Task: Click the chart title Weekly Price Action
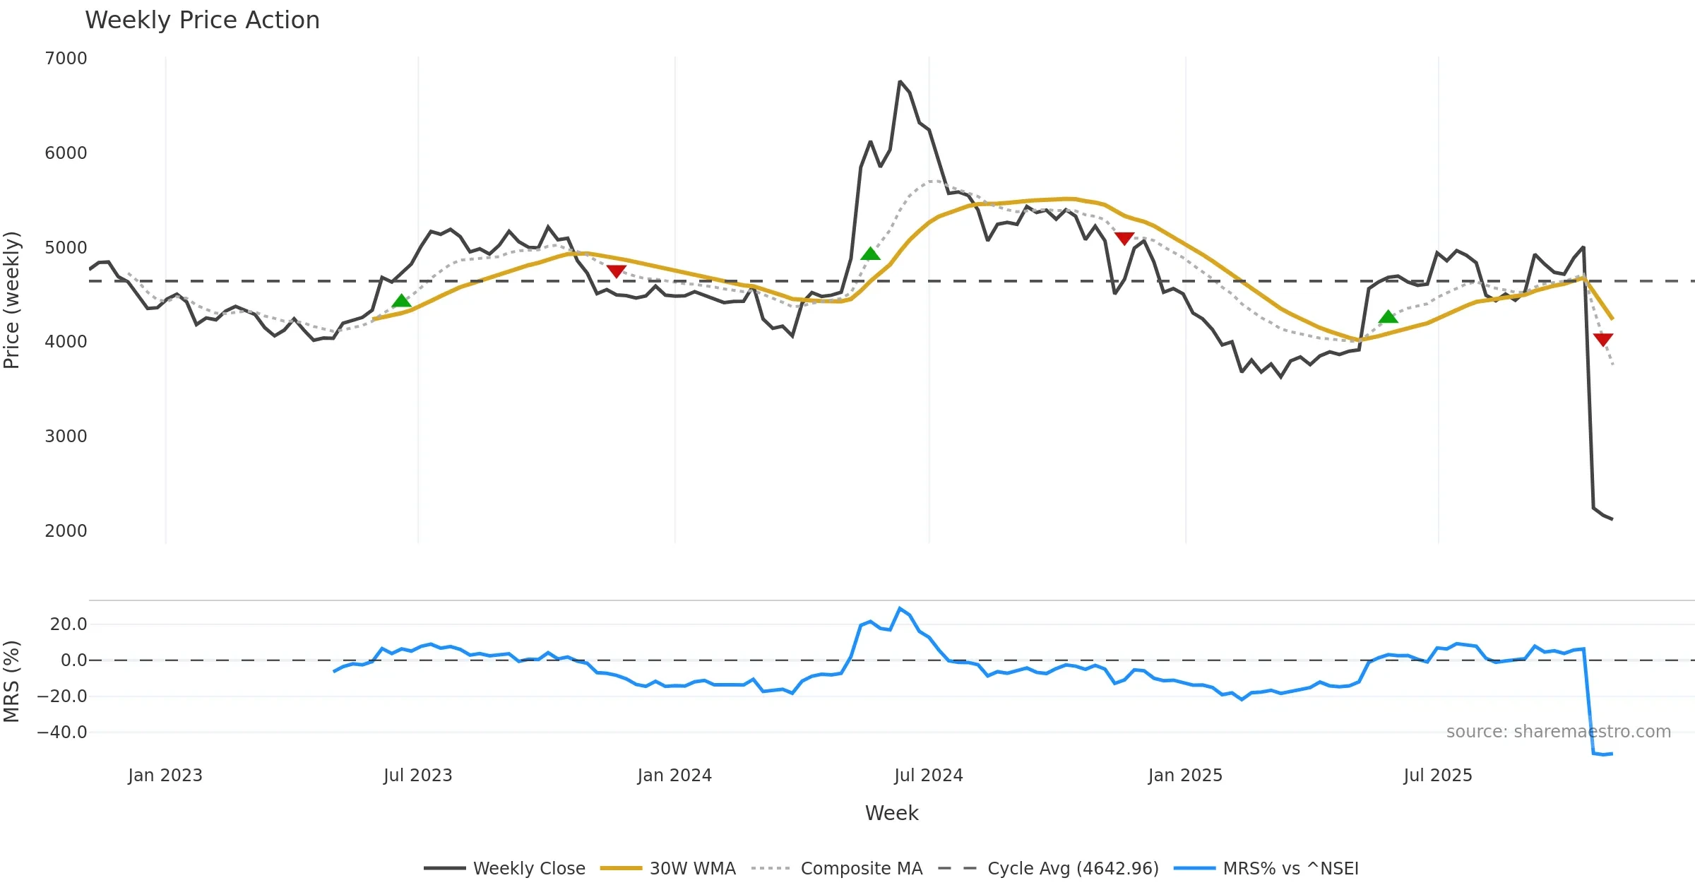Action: (202, 20)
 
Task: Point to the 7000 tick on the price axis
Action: (66, 59)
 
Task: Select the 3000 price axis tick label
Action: (66, 437)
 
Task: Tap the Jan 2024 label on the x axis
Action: (674, 776)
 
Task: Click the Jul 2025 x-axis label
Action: (1438, 776)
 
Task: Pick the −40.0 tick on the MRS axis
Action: (62, 732)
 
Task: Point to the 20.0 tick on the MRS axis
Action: (69, 624)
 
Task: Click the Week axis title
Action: (891, 814)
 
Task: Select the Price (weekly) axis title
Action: (12, 300)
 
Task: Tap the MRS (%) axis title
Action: (12, 682)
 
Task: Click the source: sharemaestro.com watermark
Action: (1558, 732)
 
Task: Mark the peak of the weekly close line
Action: (900, 82)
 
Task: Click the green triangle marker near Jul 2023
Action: (401, 302)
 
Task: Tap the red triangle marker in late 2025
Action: (1603, 340)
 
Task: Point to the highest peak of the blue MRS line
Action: (900, 608)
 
